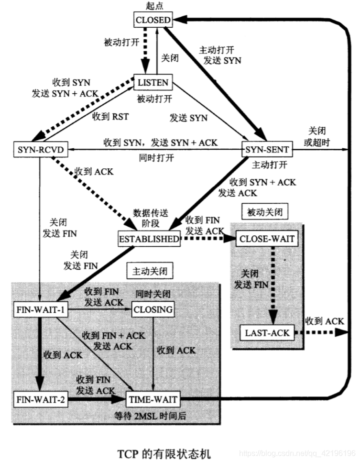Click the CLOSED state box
point(153,20)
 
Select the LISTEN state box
point(153,82)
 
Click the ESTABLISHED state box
point(150,238)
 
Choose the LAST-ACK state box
point(267,332)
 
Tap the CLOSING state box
point(153,309)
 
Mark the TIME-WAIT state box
point(153,398)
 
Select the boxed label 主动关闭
point(149,271)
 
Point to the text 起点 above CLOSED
point(153,5)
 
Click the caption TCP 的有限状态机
point(164,451)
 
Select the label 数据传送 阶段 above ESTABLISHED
point(150,217)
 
